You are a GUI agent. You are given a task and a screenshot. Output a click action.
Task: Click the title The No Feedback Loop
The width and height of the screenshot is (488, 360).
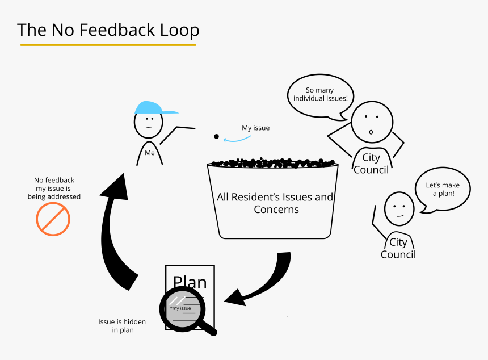coord(108,30)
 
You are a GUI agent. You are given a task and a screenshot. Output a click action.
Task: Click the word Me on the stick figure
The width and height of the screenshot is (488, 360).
coord(149,153)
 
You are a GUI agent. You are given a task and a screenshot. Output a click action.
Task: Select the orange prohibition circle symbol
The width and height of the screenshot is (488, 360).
coord(53,219)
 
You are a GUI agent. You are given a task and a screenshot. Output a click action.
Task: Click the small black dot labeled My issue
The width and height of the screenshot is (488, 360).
coord(216,137)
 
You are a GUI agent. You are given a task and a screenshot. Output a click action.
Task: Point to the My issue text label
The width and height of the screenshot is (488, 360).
coord(255,128)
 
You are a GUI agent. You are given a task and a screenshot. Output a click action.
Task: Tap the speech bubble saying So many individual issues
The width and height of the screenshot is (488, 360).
coord(320,95)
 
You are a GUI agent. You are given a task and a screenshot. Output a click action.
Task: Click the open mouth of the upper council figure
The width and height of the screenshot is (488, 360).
coord(371,132)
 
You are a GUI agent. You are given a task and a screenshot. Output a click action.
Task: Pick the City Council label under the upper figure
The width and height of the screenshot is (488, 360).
coord(371,164)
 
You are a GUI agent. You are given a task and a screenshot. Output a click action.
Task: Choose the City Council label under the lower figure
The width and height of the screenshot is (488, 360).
coord(398,248)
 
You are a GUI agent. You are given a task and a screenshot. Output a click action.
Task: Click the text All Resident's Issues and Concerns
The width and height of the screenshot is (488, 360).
coord(276,203)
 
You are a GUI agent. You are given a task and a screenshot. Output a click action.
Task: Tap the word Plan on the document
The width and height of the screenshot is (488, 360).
coord(190,282)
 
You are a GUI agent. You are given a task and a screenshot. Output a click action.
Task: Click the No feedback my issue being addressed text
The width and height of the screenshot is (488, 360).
coord(54,189)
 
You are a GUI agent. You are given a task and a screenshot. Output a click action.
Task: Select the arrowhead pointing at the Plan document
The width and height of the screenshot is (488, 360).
coord(235,298)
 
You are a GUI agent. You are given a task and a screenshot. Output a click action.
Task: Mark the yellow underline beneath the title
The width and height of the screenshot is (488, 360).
coord(108,44)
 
